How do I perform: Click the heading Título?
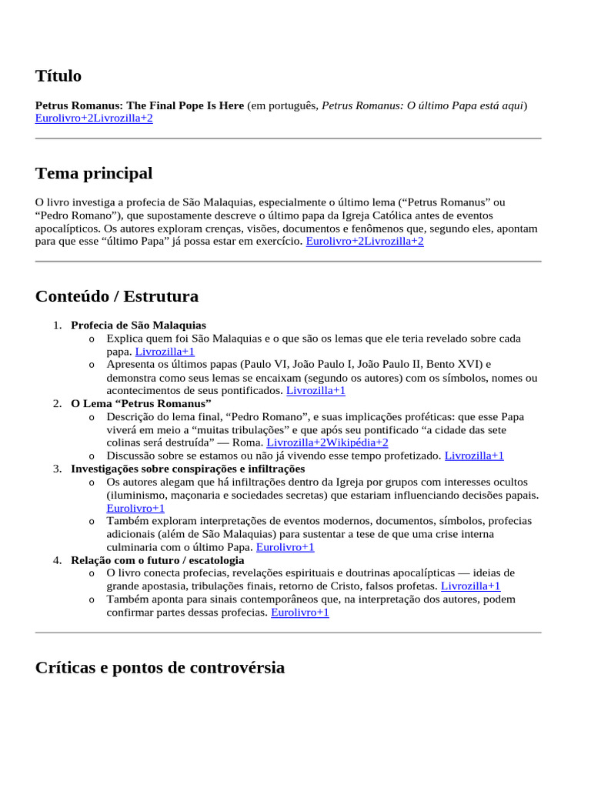58,75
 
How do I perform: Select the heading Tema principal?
94,173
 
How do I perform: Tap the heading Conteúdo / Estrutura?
117,296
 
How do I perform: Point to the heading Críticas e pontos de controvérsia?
160,667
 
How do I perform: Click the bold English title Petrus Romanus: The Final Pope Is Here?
139,105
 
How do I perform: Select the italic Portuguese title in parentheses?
422,105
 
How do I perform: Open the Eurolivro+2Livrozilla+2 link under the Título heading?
94,118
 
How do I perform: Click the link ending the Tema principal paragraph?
365,241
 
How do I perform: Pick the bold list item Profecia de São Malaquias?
139,325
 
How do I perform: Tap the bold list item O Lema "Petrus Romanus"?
141,403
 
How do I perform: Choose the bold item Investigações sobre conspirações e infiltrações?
188,468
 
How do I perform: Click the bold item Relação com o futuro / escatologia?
158,559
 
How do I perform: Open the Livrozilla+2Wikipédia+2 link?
327,442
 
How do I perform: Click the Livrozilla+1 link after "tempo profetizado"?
474,456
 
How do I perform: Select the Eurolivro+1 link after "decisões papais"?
135,508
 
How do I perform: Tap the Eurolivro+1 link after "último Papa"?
285,547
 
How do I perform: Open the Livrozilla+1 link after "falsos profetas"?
470,586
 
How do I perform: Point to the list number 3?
58,468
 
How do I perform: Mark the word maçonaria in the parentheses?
195,495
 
